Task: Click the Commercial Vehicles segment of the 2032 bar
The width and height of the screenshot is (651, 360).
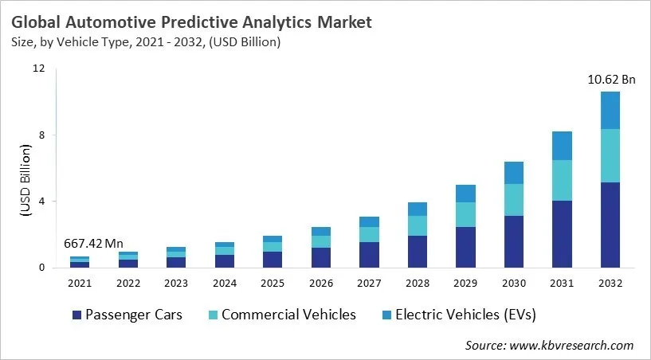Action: coord(610,155)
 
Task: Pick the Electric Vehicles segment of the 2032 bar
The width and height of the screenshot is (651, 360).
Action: coord(610,110)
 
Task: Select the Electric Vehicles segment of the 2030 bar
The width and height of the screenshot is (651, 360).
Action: coord(514,173)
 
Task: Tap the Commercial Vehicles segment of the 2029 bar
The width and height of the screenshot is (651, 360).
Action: coord(465,214)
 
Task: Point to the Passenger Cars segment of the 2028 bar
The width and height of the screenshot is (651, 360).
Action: coord(418,251)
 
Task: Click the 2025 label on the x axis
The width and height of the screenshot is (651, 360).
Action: coord(273,283)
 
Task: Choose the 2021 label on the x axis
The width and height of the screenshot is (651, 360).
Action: coord(80,283)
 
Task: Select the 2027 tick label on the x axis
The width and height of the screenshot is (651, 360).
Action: coord(369,283)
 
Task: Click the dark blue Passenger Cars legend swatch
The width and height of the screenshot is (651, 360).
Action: coord(76,315)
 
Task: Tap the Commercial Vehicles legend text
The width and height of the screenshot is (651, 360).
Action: coord(288,315)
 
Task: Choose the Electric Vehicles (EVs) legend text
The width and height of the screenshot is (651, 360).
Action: coord(467,315)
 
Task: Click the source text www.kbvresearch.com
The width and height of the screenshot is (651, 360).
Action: coord(571,345)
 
